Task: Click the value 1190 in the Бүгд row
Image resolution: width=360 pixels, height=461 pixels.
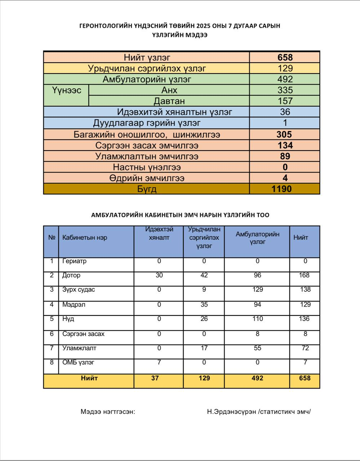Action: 281,189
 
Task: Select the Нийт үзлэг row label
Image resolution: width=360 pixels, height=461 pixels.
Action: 147,57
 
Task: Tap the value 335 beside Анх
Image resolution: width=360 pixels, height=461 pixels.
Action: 285,90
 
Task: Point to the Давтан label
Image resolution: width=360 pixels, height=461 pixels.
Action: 169,101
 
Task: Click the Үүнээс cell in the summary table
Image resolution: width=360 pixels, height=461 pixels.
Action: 66,90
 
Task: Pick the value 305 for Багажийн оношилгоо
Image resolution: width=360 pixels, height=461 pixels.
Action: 284,134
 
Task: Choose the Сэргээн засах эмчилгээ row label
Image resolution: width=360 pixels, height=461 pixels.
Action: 147,146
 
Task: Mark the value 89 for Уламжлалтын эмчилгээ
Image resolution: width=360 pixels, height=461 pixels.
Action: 285,156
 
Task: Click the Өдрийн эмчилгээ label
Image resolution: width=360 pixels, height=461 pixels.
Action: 147,178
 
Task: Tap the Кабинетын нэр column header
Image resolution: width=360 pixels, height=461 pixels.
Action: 85,238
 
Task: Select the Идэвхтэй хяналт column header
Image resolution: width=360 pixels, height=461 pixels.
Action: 159,233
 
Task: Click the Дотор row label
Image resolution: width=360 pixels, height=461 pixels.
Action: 71,276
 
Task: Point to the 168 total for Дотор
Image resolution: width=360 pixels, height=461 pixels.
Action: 304,276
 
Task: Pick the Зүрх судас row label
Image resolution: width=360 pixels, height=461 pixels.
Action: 79,290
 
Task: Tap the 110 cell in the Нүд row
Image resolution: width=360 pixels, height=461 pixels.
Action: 257,319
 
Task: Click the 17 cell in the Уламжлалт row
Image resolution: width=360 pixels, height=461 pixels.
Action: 204,348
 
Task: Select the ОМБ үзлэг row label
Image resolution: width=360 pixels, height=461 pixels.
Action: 78,362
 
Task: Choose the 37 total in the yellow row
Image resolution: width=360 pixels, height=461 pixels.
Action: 155,378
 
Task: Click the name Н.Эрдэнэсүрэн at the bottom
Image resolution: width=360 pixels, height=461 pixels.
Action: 231,412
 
